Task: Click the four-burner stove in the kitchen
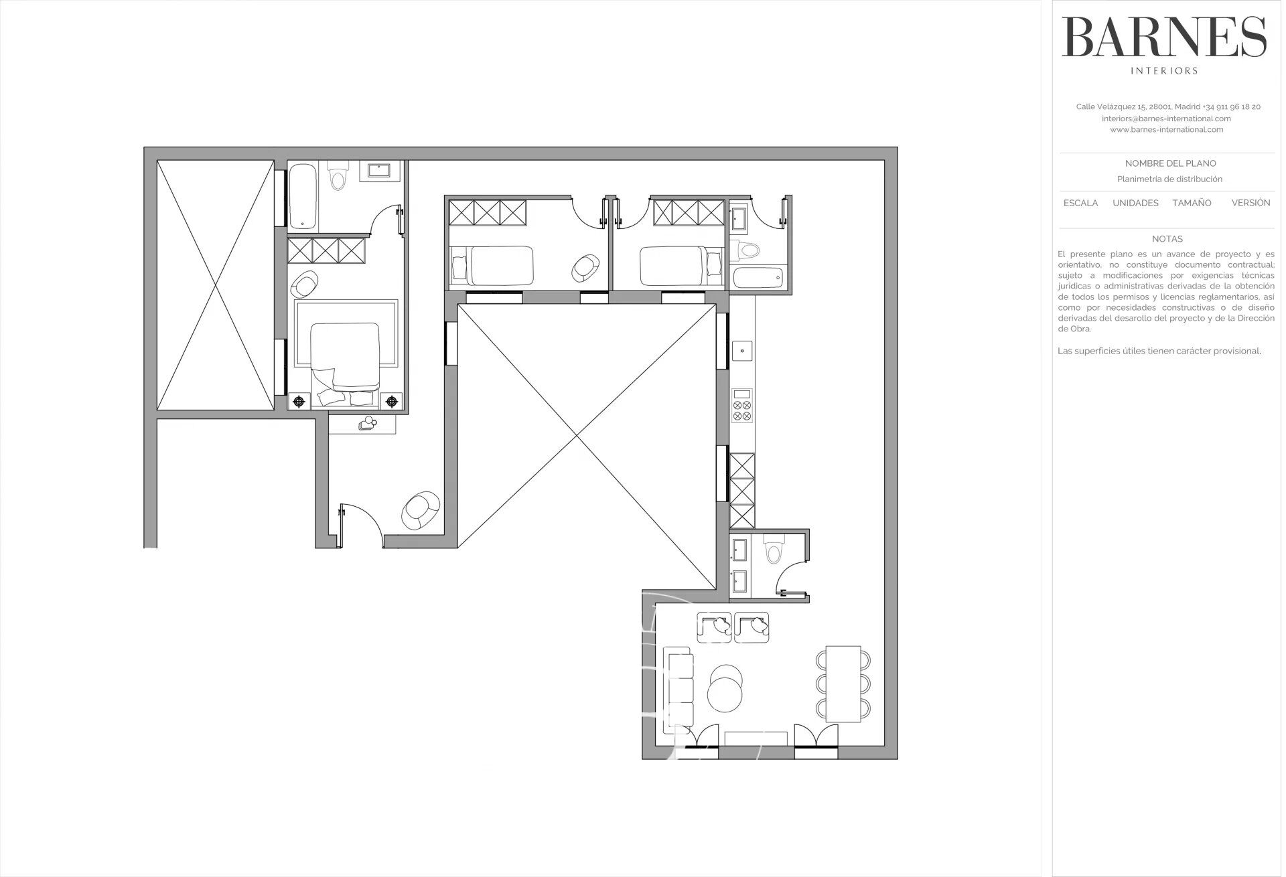tap(742, 406)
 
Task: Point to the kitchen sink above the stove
tap(742, 349)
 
